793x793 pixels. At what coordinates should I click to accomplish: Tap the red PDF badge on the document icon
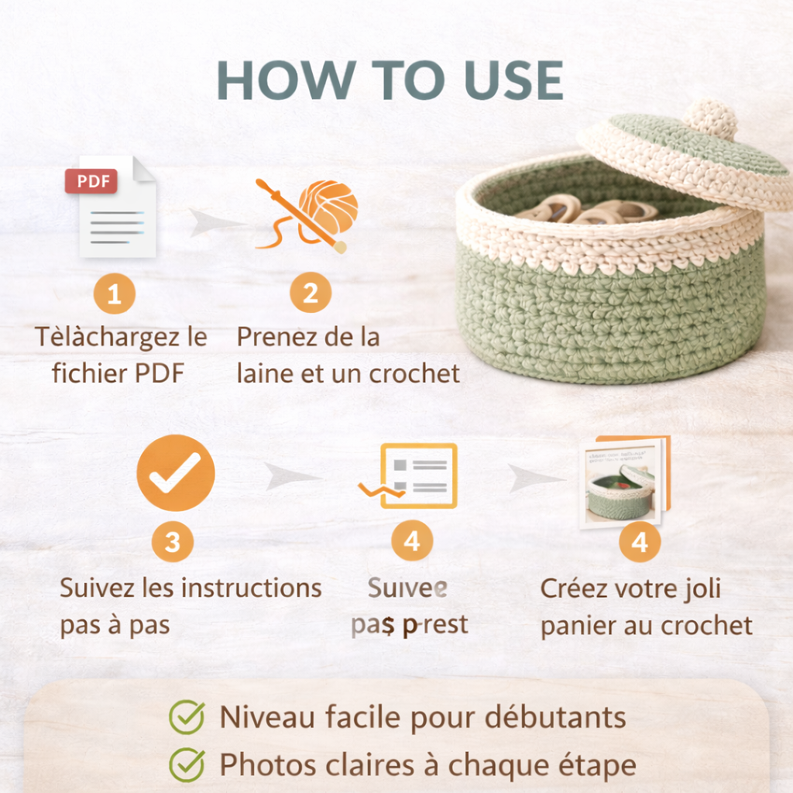coord(91,182)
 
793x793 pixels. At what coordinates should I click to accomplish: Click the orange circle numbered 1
coord(115,294)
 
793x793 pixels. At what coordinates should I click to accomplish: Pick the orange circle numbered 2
coord(311,294)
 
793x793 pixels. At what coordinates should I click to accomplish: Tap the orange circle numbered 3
coord(172,542)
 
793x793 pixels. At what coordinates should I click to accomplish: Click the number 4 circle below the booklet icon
coord(640,542)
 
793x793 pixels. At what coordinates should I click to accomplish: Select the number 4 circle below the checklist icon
coord(412,541)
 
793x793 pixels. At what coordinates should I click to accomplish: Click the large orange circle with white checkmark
coord(175,472)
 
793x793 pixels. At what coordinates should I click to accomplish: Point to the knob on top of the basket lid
coord(710,118)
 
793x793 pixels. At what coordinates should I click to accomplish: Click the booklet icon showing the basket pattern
coord(624,482)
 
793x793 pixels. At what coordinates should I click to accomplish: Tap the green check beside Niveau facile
coord(187,716)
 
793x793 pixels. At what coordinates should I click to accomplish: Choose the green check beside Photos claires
coord(187,764)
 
